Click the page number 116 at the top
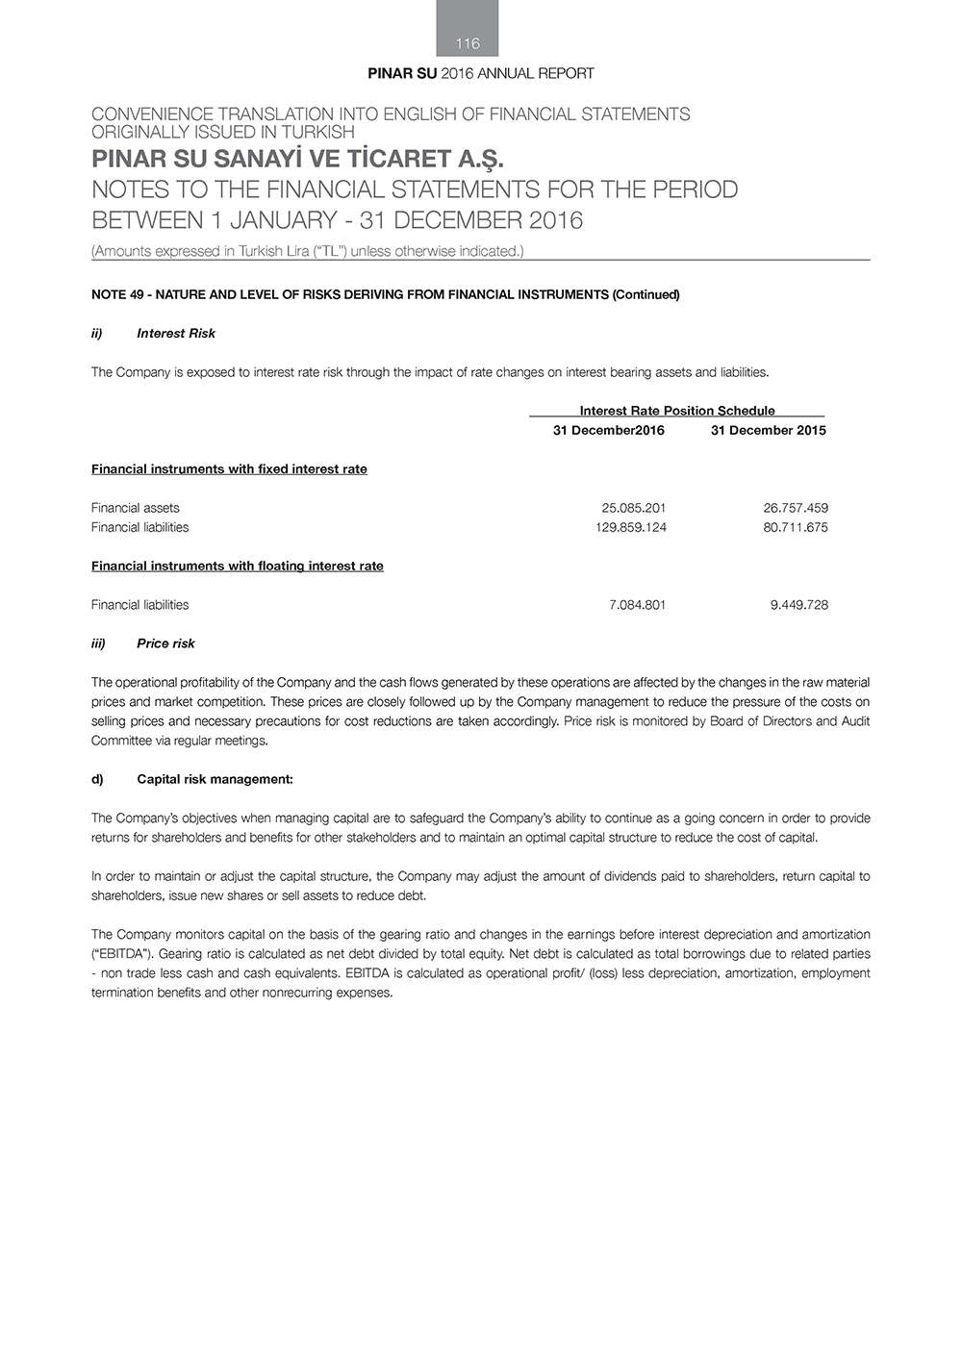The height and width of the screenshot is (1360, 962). pyautogui.click(x=468, y=43)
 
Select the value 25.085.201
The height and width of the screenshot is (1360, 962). pyautogui.click(x=633, y=508)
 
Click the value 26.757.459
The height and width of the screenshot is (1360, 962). pyautogui.click(x=796, y=508)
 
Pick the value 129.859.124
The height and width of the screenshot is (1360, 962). pyautogui.click(x=631, y=527)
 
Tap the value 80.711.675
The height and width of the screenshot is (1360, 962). pyautogui.click(x=796, y=527)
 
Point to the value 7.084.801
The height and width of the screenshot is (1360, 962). pyautogui.click(x=637, y=605)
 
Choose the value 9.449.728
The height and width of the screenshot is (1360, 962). pyautogui.click(x=798, y=605)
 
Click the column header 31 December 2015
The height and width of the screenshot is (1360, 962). pyautogui.click(x=768, y=430)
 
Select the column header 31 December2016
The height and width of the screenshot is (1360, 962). pyautogui.click(x=608, y=430)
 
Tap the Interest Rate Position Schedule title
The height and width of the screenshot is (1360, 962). pyautogui.click(x=676, y=411)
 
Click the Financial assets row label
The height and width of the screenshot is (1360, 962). pyautogui.click(x=135, y=508)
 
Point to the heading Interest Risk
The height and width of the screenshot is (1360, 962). pyautogui.click(x=176, y=333)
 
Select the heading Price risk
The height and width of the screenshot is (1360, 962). pyautogui.click(x=165, y=643)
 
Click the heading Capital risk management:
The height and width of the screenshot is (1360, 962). pyautogui.click(x=215, y=779)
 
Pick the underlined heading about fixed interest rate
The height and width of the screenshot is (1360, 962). pyautogui.click(x=229, y=469)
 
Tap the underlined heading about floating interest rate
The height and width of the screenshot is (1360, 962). pyautogui.click(x=237, y=566)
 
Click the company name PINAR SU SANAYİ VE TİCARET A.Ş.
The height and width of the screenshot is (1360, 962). pyautogui.click(x=297, y=159)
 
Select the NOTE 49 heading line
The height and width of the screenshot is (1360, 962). pyautogui.click(x=385, y=294)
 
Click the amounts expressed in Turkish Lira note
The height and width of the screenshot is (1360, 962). pyautogui.click(x=307, y=251)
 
